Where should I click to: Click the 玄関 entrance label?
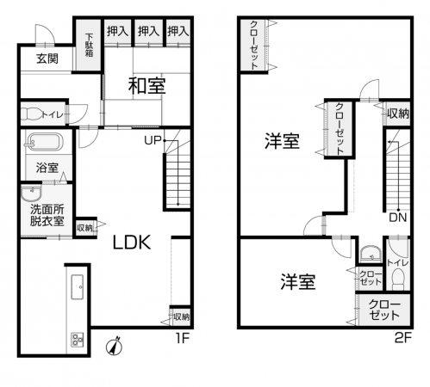click(x=47, y=58)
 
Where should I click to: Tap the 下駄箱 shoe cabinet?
click(x=89, y=45)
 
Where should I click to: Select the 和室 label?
click(x=146, y=86)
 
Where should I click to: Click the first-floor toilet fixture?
click(x=30, y=114)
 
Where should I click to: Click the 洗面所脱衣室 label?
click(x=47, y=215)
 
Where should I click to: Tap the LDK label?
click(x=132, y=243)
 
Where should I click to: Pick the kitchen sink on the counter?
click(x=78, y=287)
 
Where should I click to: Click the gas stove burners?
click(x=78, y=340)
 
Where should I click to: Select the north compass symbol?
click(x=115, y=347)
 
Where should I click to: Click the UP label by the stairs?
click(x=153, y=140)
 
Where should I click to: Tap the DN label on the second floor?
click(x=398, y=218)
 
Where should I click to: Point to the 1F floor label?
click(x=182, y=339)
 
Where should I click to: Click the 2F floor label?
click(x=403, y=339)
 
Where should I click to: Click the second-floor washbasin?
click(x=371, y=253)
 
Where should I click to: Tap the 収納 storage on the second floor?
click(x=397, y=114)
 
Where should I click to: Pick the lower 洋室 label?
click(x=298, y=281)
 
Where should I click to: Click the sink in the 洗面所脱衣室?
click(x=32, y=193)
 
